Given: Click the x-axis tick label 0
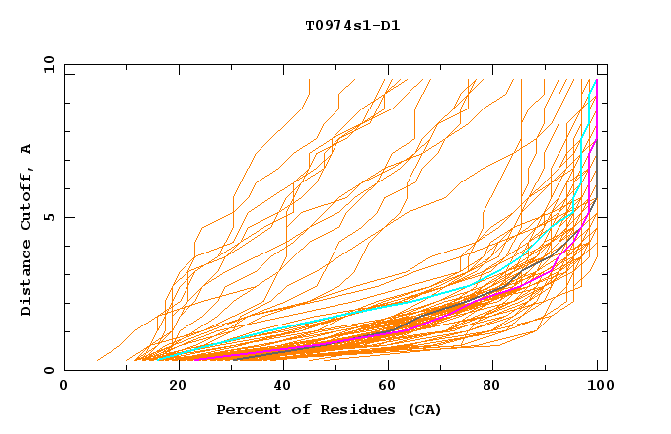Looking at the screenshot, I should click(x=64, y=386).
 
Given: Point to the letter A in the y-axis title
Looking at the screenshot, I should click(x=27, y=149).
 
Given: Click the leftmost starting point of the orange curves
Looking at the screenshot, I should click(x=97, y=360).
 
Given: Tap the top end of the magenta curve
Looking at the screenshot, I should click(x=597, y=81).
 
